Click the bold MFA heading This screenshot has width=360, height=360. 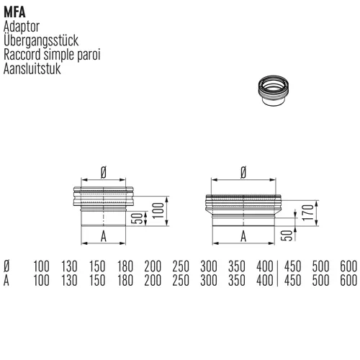tap(14, 12)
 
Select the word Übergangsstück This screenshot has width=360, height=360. tap(41, 40)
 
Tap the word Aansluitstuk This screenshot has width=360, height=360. tap(32, 68)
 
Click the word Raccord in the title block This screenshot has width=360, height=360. tap(22, 55)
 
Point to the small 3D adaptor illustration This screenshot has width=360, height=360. tap(274, 90)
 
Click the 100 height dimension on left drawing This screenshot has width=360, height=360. tap(158, 210)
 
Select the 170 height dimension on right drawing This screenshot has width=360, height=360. tap(308, 212)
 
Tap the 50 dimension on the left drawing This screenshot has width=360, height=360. tap(138, 218)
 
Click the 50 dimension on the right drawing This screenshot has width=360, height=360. tap(287, 235)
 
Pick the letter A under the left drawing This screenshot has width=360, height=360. tap(104, 237)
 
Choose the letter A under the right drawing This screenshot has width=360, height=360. tap(243, 236)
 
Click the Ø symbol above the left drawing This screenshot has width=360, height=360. tap(104, 173)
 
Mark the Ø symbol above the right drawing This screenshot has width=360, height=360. tap(243, 173)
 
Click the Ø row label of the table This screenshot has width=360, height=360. tap(6, 266)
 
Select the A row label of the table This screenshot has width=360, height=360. tap(6, 280)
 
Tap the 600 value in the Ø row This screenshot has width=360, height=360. tap(348, 266)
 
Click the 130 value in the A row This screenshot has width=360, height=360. tap(69, 280)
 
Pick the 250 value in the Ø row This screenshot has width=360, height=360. tap(181, 266)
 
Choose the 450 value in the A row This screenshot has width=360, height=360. tap(292, 280)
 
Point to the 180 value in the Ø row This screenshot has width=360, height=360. tap(125, 266)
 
